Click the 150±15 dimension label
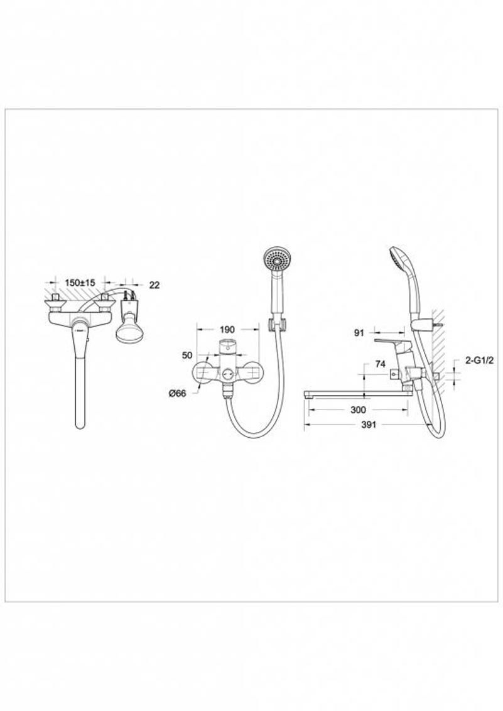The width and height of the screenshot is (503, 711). coord(80,283)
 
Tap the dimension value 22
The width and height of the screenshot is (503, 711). coord(154,285)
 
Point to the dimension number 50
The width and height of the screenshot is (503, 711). coord(187,355)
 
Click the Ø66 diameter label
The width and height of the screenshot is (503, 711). coord(178,394)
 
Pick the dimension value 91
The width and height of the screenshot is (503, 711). coord(359,333)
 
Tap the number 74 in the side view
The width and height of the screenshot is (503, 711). coord(380,364)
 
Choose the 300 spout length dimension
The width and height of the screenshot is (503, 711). coord(358,410)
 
